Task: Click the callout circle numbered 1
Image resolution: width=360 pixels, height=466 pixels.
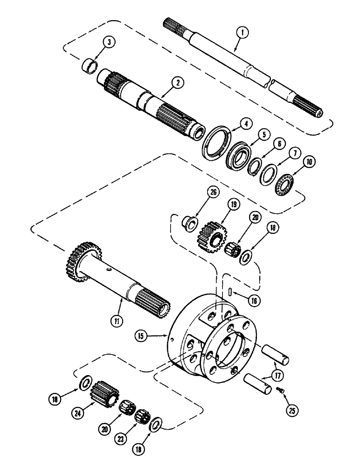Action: pyautogui.click(x=242, y=33)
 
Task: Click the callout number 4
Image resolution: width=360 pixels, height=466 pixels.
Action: pyautogui.click(x=246, y=124)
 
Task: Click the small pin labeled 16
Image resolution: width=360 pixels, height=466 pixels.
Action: pyautogui.click(x=230, y=292)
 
